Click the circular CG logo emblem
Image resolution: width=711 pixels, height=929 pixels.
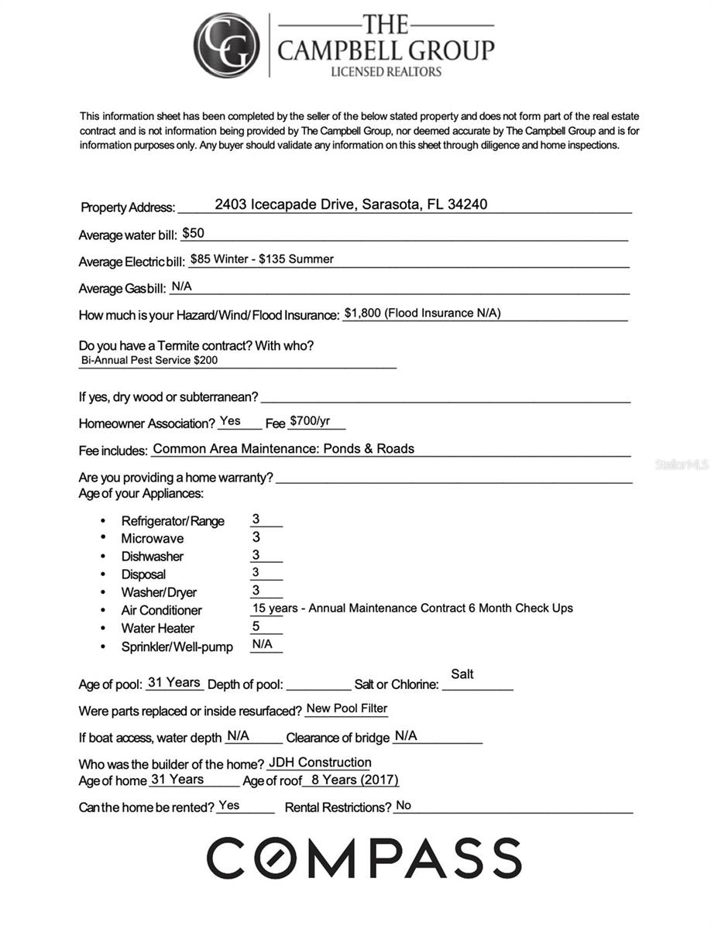click(x=226, y=46)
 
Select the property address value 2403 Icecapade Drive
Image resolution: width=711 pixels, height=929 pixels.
click(x=351, y=204)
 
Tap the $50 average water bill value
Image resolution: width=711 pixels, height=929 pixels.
click(x=194, y=233)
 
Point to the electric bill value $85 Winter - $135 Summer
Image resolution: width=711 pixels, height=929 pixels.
click(x=262, y=259)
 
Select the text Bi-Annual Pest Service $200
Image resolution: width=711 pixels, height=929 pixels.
click(x=149, y=360)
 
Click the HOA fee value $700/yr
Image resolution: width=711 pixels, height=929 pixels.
click(x=310, y=422)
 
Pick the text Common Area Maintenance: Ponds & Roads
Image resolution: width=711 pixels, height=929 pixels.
click(x=283, y=448)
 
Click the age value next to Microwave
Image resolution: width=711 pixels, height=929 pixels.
click(x=256, y=537)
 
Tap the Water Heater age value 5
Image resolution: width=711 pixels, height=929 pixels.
click(x=256, y=627)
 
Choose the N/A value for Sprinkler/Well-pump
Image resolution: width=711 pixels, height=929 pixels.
click(x=262, y=644)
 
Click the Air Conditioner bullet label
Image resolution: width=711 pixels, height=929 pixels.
click(x=161, y=610)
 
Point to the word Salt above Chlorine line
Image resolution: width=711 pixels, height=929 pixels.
click(x=462, y=674)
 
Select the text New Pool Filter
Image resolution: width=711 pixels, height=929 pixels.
click(x=347, y=708)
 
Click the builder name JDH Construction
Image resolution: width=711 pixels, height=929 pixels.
click(x=320, y=763)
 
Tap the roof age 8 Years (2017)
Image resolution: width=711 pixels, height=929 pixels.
click(x=355, y=780)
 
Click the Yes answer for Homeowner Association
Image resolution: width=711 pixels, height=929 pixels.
click(x=230, y=421)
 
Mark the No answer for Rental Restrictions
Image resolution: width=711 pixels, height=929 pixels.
click(x=404, y=806)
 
